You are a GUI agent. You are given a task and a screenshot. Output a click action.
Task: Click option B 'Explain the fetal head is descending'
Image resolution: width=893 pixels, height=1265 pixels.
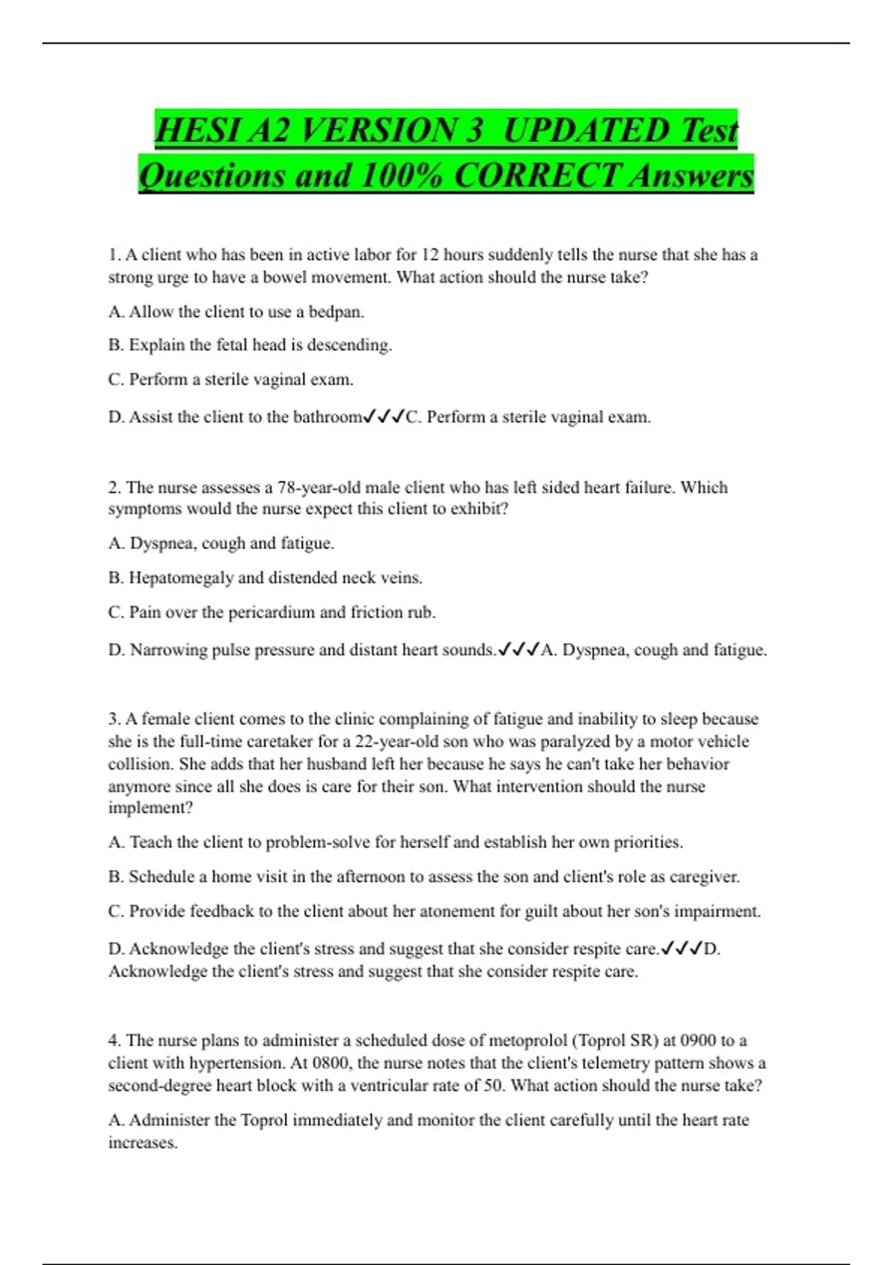250,345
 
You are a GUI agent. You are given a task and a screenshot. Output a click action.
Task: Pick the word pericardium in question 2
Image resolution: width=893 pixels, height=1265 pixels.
272,612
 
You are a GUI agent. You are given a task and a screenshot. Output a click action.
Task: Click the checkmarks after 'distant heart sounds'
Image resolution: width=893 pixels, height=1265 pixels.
519,650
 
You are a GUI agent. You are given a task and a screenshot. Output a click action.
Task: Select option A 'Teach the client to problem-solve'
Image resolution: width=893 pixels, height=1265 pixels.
395,842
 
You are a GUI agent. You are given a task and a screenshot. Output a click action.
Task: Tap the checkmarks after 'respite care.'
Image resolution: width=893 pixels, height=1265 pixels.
682,949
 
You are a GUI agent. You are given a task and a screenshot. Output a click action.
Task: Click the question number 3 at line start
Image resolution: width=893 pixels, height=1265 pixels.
114,720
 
